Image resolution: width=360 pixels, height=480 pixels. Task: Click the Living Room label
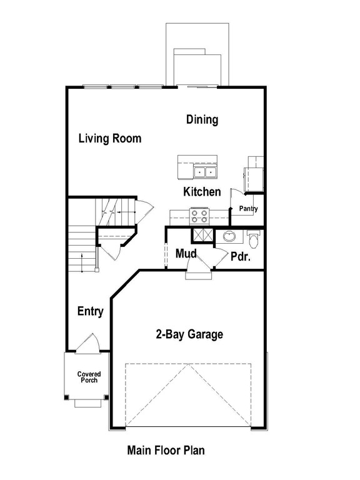[x=109, y=139]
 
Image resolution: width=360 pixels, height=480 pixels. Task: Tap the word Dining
[x=202, y=119]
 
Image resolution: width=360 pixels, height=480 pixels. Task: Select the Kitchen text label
[x=202, y=192]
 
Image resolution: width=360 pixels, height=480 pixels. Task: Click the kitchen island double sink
[x=204, y=171]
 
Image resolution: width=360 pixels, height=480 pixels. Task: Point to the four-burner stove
[x=200, y=216]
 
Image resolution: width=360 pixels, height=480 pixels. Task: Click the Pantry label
[x=247, y=209]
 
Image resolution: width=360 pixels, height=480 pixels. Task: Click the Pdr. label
[x=241, y=256]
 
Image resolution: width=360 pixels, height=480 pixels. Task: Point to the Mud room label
[x=186, y=254]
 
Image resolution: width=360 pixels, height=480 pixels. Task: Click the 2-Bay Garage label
[x=189, y=334]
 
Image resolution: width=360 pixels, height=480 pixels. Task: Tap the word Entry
[x=90, y=311]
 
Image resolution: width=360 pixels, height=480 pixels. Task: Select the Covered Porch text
[x=89, y=377]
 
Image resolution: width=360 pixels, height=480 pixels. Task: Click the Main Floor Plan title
[x=166, y=449]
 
